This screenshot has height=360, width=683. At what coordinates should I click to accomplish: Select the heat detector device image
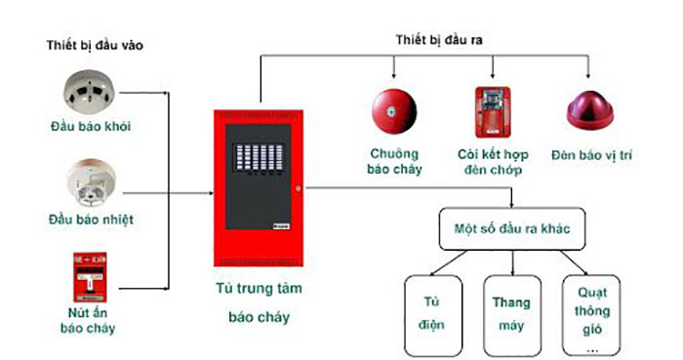92,182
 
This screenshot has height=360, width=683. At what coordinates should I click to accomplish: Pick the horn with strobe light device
491,110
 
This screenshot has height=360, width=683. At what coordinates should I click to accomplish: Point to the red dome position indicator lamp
590,113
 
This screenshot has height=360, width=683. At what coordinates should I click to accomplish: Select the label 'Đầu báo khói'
92,128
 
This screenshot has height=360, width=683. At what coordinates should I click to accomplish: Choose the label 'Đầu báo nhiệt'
92,219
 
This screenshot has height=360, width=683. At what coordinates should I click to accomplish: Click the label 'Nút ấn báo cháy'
92,320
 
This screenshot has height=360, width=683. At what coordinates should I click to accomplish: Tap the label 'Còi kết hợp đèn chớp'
490,161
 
